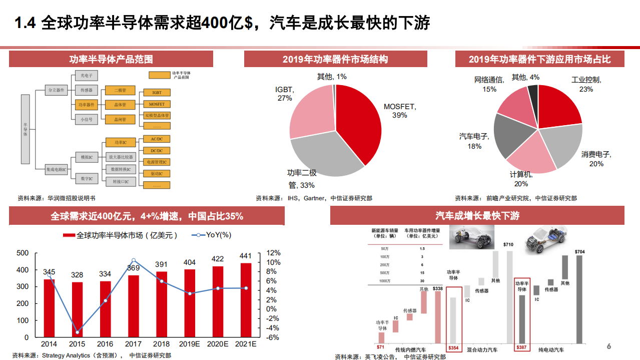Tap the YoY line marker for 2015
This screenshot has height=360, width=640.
pyautogui.click(x=77, y=332)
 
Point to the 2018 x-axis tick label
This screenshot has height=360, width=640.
pyautogui.click(x=161, y=344)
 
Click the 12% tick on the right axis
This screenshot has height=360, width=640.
pyautogui.click(x=273, y=253)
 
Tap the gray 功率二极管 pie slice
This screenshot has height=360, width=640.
pyautogui.click(x=325, y=155)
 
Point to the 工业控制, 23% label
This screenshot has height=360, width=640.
pyautogui.click(x=586, y=85)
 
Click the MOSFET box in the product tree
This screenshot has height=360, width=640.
pyautogui.click(x=157, y=104)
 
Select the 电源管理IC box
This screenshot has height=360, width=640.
pyautogui.click(x=157, y=162)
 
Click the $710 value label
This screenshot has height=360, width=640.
pyautogui.click(x=508, y=245)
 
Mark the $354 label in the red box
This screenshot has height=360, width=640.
pyautogui.click(x=454, y=347)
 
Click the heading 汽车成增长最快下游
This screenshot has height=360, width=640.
pyautogui.click(x=477, y=216)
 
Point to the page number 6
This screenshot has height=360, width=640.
pyautogui.click(x=608, y=346)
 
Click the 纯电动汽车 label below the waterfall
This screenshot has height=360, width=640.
pyautogui.click(x=551, y=349)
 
